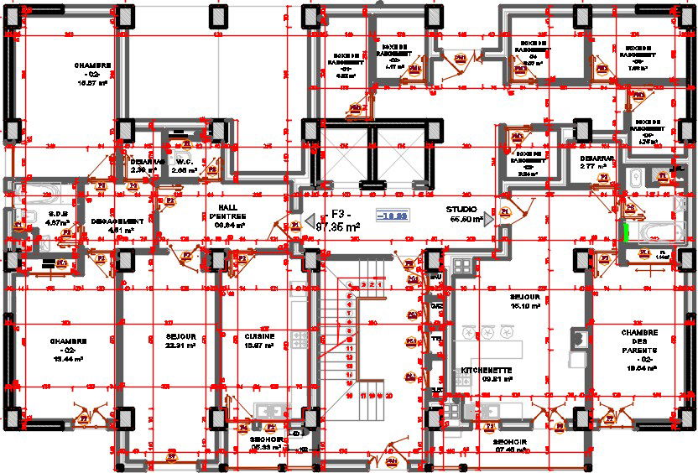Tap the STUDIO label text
(x=461, y=210)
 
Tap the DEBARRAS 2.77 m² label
(x=596, y=162)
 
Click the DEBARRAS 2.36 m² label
(x=143, y=165)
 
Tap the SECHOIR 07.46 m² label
(x=509, y=444)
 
